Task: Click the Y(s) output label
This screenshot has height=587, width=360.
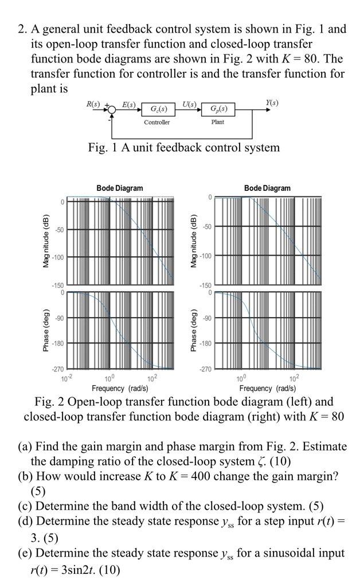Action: (272, 103)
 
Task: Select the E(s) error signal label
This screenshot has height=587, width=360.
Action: (129, 104)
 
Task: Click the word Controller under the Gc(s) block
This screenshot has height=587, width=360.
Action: (156, 123)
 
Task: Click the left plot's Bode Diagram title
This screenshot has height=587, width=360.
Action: (120, 188)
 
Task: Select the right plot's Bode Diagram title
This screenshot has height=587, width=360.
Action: (267, 188)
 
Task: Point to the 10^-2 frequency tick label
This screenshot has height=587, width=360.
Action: (66, 377)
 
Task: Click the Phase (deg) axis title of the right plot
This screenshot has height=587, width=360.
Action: (195, 331)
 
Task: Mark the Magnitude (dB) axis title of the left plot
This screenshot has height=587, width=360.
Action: (48, 241)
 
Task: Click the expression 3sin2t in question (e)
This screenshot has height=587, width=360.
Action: (98, 570)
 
